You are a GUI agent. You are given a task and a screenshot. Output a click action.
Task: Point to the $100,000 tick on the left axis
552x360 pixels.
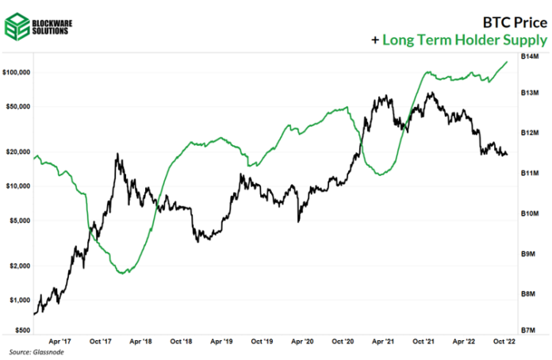coord(16,72)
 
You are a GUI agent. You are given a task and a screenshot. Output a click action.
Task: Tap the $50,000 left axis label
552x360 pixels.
coord(17,106)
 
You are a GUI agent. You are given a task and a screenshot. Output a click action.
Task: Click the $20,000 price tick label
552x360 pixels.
coord(17,151)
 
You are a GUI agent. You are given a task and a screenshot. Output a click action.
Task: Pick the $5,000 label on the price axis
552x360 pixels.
coord(19,220)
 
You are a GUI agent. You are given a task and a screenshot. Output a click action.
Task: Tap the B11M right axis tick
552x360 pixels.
coord(529,172)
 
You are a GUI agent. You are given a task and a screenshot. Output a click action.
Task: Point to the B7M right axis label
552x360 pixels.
coord(529,328)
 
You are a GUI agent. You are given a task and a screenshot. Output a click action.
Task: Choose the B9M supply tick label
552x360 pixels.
coord(529,253)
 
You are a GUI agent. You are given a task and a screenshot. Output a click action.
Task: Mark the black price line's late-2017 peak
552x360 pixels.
coord(118,155)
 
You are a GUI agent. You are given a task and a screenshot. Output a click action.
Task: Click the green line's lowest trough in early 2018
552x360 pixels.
coord(121,273)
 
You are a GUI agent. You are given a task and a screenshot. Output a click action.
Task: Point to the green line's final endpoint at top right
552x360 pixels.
coord(508,61)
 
